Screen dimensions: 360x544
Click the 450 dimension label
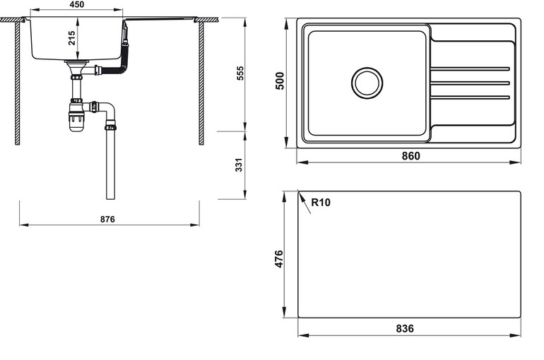point(77,5)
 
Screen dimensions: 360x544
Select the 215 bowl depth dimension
point(72,37)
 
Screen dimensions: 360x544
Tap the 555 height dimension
point(240,73)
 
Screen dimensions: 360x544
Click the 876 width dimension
point(107,220)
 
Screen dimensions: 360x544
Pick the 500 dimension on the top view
point(279,81)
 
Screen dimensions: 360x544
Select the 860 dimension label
point(410,156)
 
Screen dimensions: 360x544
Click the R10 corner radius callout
point(321,203)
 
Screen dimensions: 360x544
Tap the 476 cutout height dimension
point(279,258)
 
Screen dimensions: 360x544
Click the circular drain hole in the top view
point(367,83)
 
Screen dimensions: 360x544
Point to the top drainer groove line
point(470,68)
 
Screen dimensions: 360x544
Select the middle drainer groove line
point(470,83)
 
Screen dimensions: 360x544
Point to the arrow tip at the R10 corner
point(300,193)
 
